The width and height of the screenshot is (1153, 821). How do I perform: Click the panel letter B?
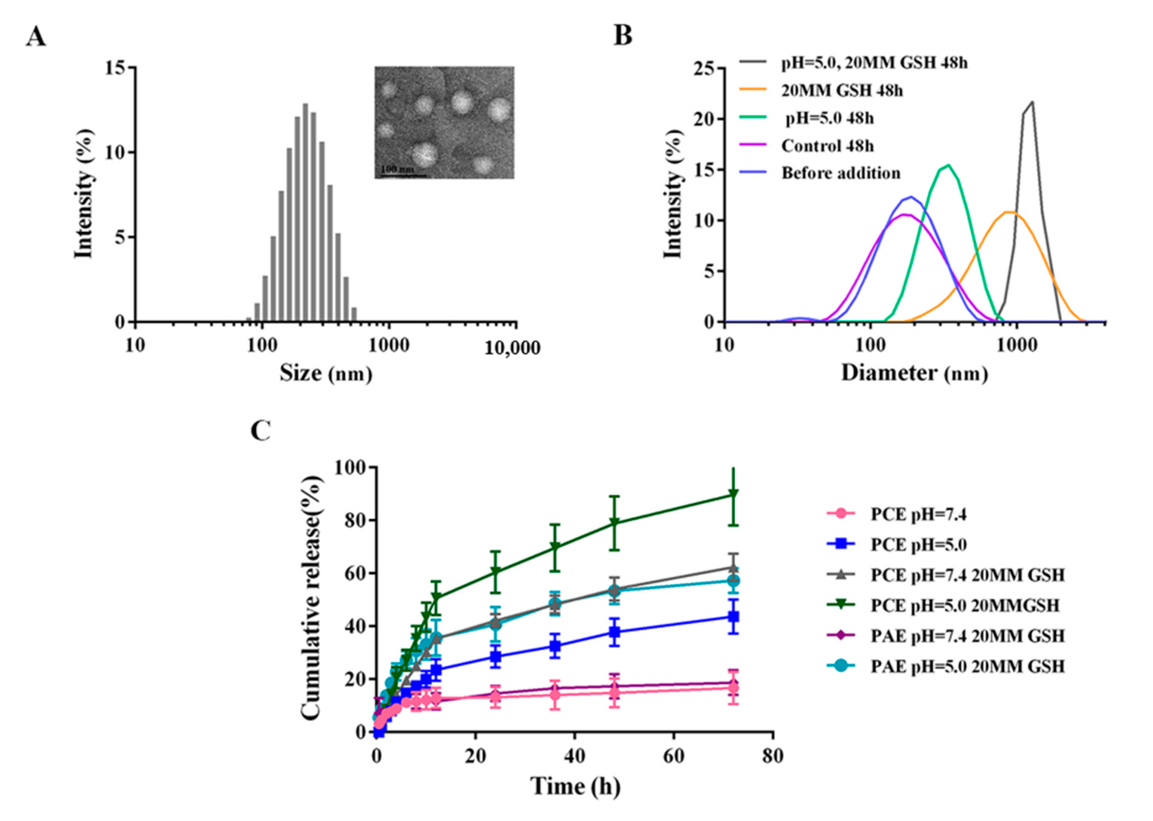(623, 36)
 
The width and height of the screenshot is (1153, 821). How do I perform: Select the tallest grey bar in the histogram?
(305, 213)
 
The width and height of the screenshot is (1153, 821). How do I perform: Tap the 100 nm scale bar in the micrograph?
(403, 175)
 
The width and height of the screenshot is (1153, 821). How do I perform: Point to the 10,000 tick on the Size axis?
(512, 348)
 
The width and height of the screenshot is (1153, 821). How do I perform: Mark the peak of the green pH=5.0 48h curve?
(949, 165)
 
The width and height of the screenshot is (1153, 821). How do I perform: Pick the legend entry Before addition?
(841, 173)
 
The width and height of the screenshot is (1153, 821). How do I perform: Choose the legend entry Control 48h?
(827, 146)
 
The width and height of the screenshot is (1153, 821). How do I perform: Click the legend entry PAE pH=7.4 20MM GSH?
(967, 635)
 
